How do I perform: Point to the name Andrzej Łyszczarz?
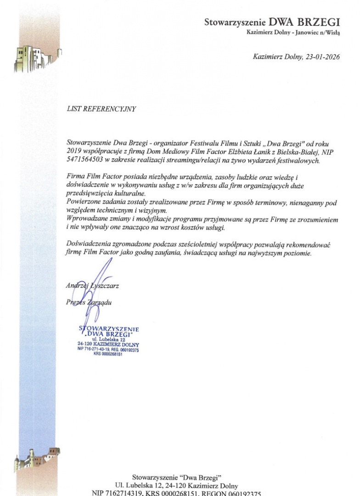point(92,286)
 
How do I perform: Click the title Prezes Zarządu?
point(89,302)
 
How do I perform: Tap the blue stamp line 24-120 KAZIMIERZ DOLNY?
point(109,344)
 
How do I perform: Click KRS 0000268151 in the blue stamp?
point(108,354)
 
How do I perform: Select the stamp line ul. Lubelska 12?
point(109,339)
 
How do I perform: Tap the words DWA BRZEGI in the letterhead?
point(304,22)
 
